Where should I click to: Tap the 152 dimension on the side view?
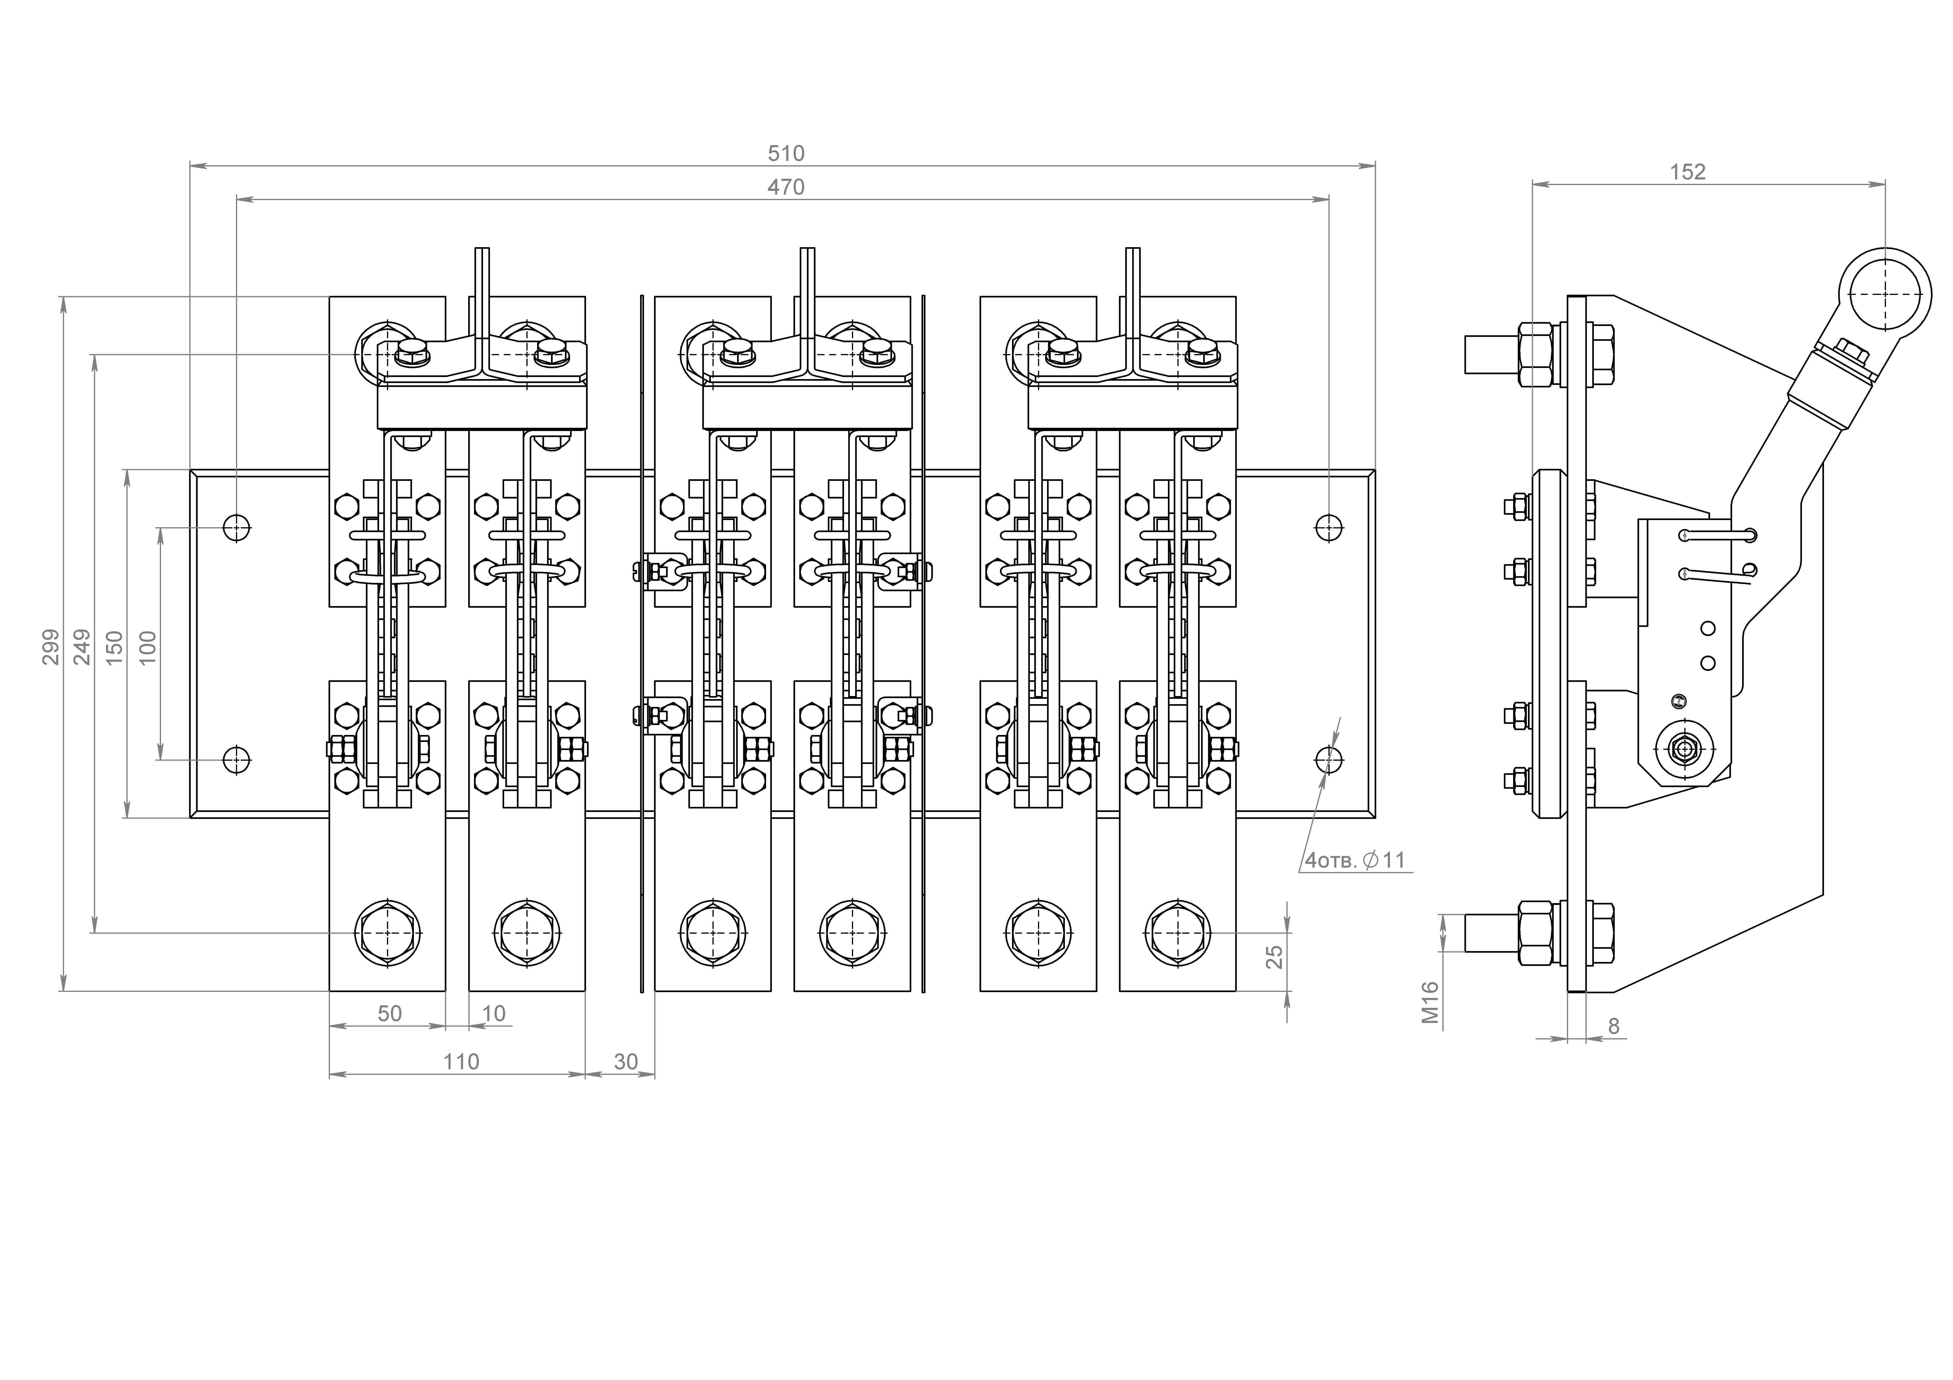[1688, 172]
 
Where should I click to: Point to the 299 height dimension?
[51, 646]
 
